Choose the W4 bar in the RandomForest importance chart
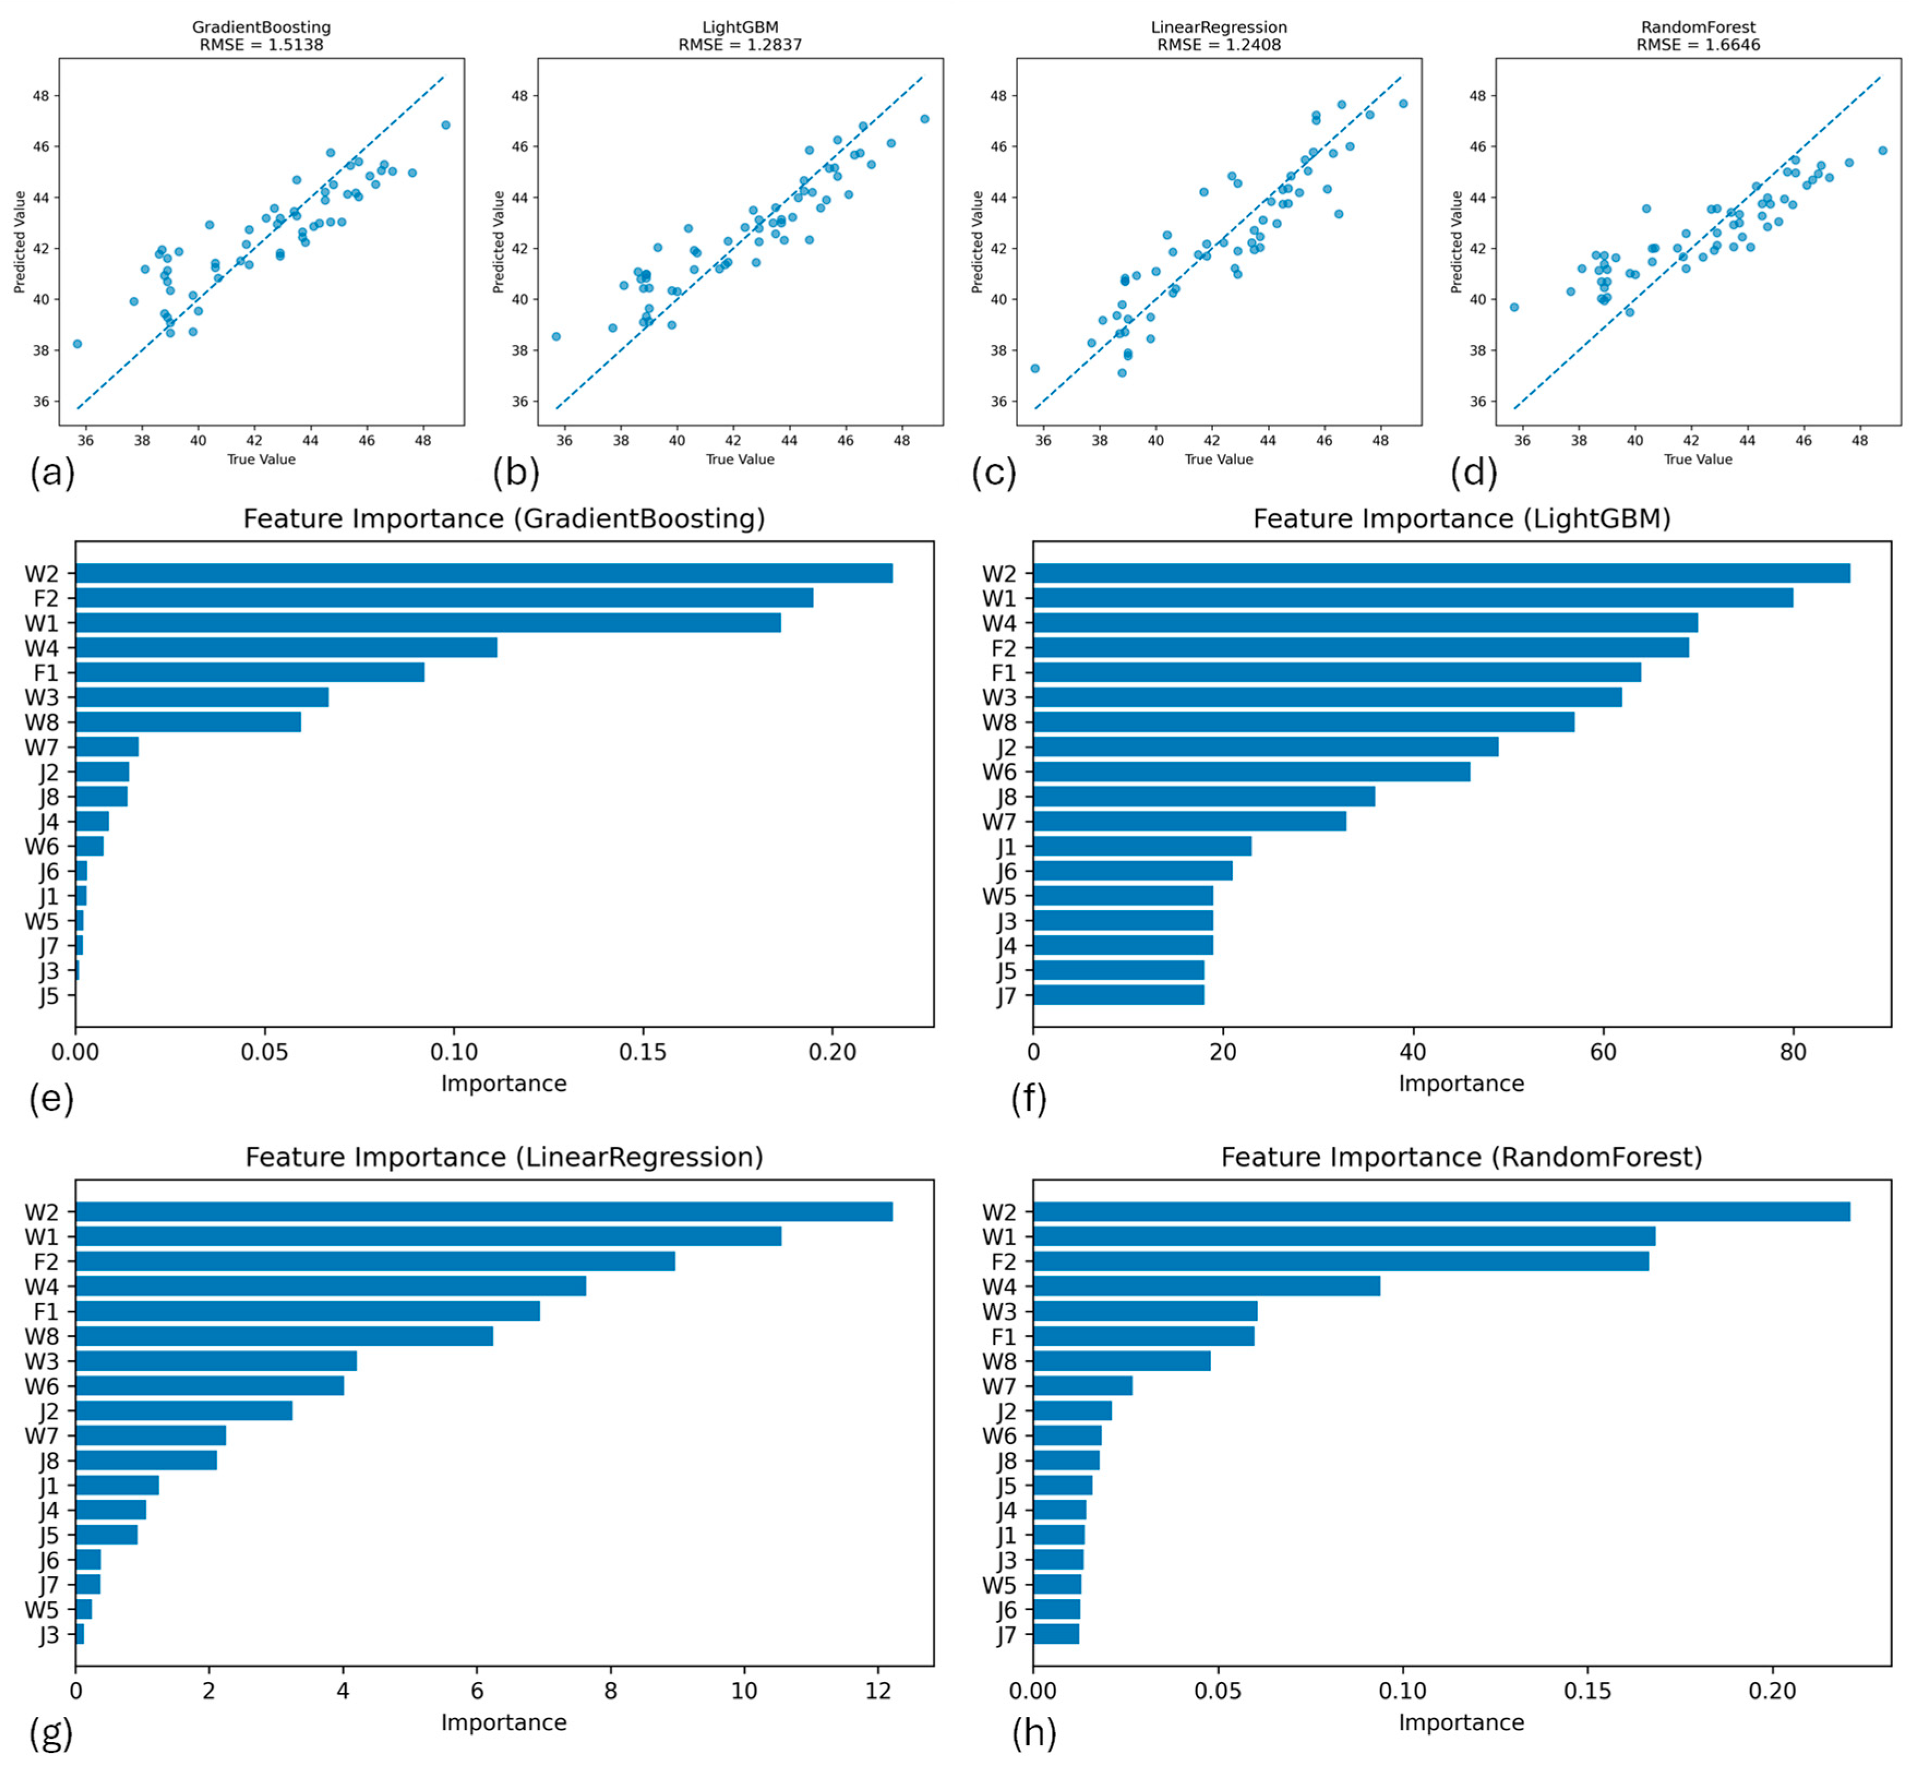(1206, 1286)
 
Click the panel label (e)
(52, 1100)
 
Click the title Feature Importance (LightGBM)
(1461, 519)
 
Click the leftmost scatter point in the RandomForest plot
(1514, 307)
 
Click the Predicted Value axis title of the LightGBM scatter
(499, 242)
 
